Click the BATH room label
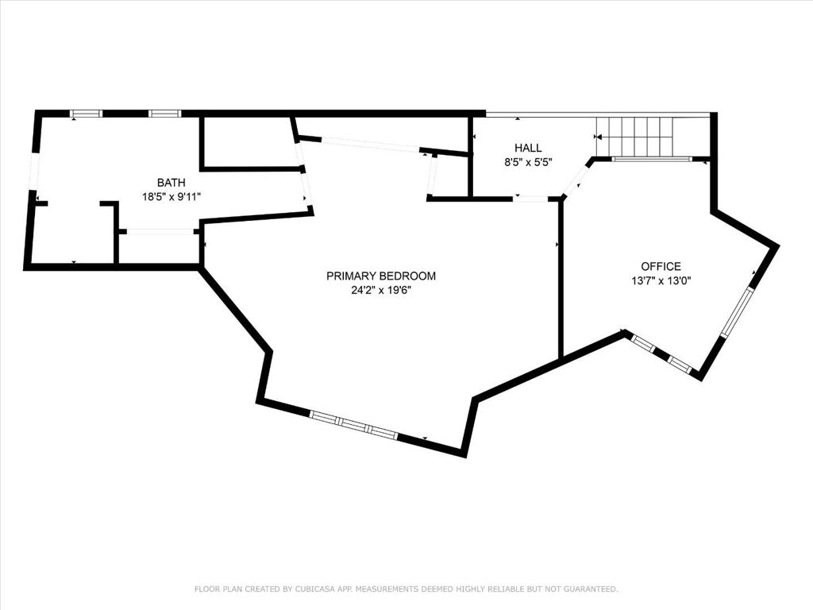tap(171, 183)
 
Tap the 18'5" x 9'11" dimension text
tap(171, 196)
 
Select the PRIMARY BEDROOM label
tap(381, 276)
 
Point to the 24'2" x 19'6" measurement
tap(381, 290)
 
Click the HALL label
tap(528, 148)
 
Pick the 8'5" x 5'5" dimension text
tap(528, 161)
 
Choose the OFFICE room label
tap(661, 267)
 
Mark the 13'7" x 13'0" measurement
tap(661, 280)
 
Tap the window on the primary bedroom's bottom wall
tap(353, 426)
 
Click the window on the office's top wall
tap(652, 160)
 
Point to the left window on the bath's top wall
tap(87, 114)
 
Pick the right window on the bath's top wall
tap(165, 114)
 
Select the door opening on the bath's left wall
tap(33, 172)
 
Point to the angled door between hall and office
tap(575, 179)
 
